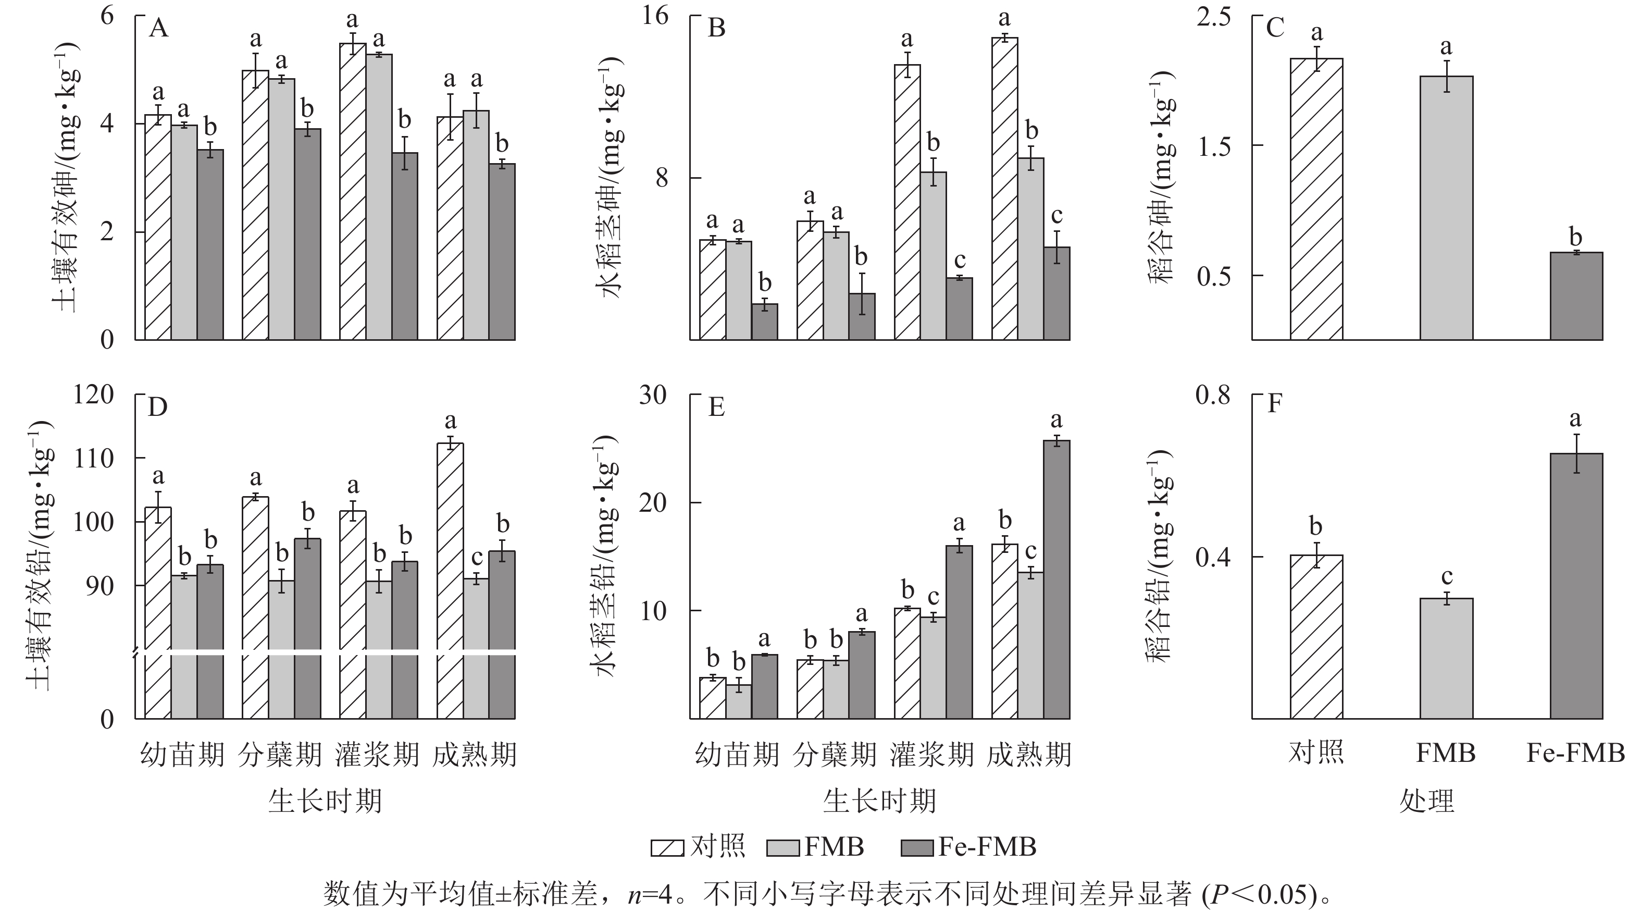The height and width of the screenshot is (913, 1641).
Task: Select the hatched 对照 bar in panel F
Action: (1316, 637)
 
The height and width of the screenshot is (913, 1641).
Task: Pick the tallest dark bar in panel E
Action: (1056, 580)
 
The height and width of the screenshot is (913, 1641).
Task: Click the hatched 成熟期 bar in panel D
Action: (451, 580)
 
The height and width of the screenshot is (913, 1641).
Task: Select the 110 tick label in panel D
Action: (94, 458)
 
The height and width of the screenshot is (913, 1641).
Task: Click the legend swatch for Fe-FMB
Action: (918, 848)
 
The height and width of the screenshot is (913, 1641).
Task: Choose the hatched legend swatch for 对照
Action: (667, 848)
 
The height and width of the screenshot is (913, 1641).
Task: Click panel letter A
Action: (158, 29)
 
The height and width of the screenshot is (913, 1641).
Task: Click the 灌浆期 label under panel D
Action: (377, 755)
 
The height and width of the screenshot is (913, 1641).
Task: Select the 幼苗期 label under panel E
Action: (737, 755)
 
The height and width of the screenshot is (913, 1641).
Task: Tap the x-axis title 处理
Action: (1426, 801)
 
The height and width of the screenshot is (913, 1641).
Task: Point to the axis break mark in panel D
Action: (135, 653)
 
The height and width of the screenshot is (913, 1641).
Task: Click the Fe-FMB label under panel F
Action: (1575, 754)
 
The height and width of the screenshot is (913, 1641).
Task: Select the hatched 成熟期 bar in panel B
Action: (1004, 189)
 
